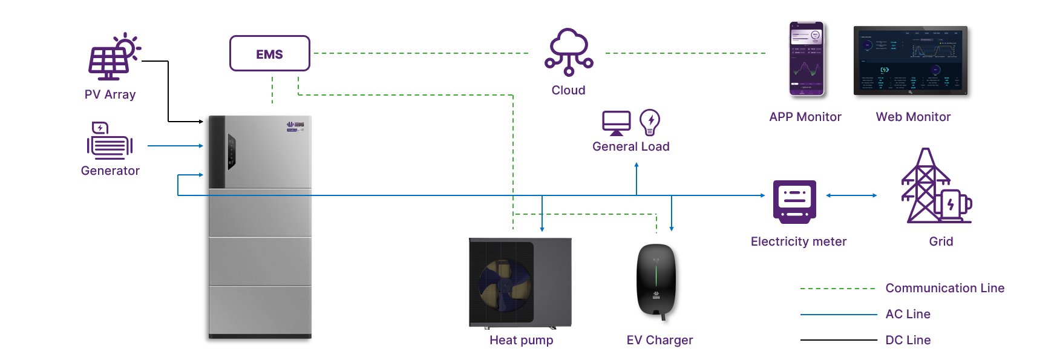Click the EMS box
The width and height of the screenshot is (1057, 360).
click(269, 54)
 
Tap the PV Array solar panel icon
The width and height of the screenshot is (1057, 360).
click(111, 58)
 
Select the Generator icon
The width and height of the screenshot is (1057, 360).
click(110, 142)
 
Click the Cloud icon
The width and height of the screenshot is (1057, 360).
click(569, 53)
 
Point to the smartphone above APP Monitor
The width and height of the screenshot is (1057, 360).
click(807, 59)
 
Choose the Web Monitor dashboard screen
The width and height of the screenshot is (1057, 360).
click(910, 61)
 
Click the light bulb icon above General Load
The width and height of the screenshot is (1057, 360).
click(650, 122)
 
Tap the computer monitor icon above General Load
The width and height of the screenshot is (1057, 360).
click(617, 123)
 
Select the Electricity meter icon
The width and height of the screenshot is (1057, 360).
click(794, 201)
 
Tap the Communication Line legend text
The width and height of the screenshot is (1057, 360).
click(944, 288)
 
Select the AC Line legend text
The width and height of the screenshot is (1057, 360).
click(908, 314)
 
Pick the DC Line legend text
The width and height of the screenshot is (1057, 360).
click(908, 340)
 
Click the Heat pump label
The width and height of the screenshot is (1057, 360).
click(521, 340)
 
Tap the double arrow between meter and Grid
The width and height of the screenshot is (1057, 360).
click(851, 195)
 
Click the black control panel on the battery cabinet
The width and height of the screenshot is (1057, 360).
click(231, 151)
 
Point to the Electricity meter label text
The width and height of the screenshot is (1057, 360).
click(798, 241)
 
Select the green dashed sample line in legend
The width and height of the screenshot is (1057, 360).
click(837, 289)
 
